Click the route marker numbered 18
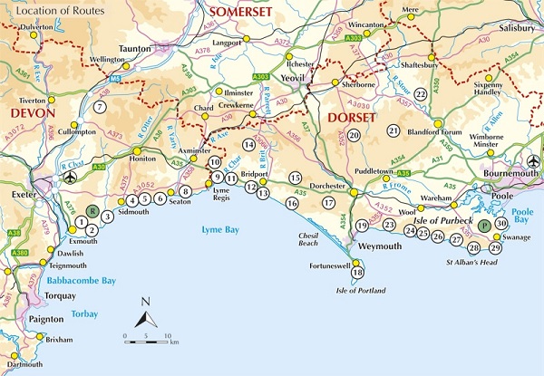357,272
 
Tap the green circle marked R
91,209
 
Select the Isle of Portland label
361,290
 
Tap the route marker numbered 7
101,107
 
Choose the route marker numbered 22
420,93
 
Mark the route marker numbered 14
248,144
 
